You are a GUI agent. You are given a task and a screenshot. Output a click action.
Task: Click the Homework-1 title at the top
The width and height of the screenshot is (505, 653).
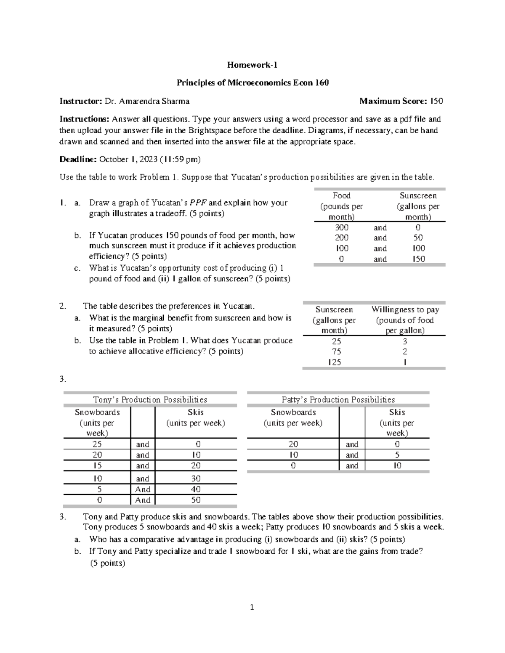252,65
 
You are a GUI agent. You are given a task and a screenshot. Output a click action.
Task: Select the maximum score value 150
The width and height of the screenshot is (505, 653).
436,101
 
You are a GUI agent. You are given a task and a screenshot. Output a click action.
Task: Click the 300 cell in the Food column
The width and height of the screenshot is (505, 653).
341,227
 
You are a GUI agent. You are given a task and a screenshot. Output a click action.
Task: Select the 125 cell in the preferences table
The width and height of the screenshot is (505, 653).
334,362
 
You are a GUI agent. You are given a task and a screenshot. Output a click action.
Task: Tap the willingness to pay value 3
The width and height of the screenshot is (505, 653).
405,341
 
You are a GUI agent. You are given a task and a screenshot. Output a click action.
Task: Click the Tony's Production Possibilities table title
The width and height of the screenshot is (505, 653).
150,399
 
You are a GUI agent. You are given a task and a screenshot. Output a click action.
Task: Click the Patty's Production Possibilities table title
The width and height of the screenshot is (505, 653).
338,399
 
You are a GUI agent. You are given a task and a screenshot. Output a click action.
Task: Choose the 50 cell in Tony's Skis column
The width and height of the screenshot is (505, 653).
196,500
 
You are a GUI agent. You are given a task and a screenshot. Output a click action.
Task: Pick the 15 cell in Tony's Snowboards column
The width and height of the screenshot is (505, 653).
97,465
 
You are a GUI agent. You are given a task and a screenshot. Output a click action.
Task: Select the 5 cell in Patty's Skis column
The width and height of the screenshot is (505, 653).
397,455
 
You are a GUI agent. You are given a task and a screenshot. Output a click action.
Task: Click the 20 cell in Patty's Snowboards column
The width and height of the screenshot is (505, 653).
293,444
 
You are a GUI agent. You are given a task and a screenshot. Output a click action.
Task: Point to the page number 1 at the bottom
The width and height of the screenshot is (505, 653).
252,607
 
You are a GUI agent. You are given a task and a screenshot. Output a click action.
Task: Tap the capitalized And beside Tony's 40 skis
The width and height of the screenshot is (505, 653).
143,489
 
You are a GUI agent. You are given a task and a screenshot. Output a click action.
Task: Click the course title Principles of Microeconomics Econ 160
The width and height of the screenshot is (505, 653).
252,83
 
